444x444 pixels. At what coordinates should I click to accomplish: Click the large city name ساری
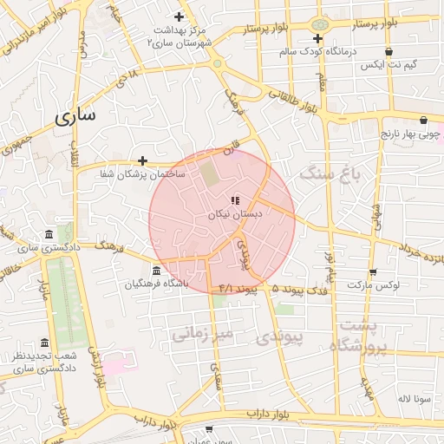pyautogui.click(x=78, y=115)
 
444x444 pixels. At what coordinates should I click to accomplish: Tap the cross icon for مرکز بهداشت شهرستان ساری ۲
pyautogui.click(x=180, y=16)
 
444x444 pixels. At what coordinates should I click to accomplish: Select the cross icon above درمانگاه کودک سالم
pyautogui.click(x=318, y=38)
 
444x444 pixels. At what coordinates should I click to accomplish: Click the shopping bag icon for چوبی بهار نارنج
pyautogui.click(x=423, y=120)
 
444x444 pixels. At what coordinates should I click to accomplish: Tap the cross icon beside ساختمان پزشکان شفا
pyautogui.click(x=142, y=160)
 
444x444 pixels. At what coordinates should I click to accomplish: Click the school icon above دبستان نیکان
pyautogui.click(x=236, y=200)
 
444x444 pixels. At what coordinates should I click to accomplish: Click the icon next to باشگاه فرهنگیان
pyautogui.click(x=156, y=270)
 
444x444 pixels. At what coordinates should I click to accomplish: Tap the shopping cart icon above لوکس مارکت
pyautogui.click(x=372, y=271)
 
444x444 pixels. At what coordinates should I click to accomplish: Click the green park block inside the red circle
pyautogui.click(x=210, y=173)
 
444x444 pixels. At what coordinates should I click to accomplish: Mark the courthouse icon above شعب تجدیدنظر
pyautogui.click(x=44, y=342)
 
